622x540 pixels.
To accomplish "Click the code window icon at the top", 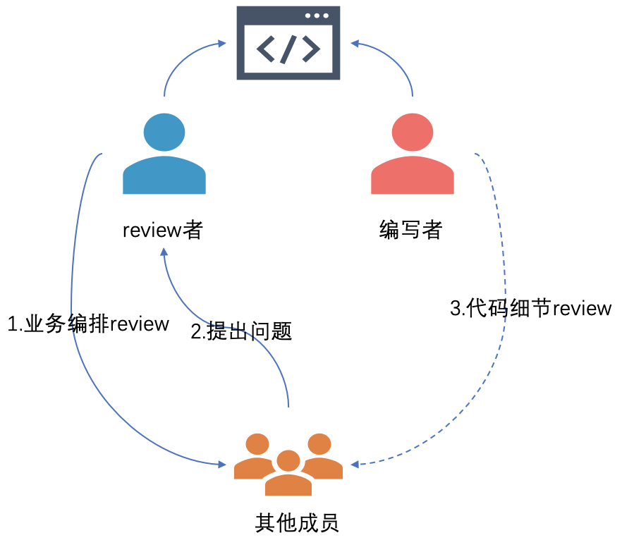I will pos(288,42).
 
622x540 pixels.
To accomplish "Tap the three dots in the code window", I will pos(317,16).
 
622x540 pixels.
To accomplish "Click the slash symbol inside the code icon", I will pos(288,49).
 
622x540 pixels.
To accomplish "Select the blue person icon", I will pos(164,155).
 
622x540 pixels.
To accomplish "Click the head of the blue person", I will pos(164,132).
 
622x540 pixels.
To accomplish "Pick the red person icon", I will pos(413,155).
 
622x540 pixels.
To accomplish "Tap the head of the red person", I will pos(413,132).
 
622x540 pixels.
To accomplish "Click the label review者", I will pos(163,230).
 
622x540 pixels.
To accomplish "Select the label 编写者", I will pos(410,230).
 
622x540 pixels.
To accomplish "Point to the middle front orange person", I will pos(288,472).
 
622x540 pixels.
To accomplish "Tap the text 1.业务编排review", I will pos(88,324).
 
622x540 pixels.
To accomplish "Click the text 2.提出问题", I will pos(241,331).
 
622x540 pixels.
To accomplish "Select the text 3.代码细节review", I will pos(530,309).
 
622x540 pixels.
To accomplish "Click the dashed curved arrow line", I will pos(502,367).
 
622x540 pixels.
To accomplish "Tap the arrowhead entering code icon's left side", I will pos(222,44).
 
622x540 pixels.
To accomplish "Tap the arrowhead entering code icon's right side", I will pos(355,44).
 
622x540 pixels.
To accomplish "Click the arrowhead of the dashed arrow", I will pos(355,464).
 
